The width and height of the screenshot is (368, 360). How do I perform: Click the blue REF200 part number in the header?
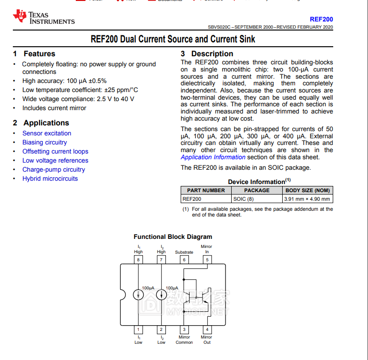[x=321, y=20]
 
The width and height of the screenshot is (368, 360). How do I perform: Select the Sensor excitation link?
[x=47, y=134]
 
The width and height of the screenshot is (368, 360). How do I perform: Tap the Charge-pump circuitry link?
[x=53, y=170]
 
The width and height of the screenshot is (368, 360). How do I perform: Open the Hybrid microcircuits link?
[x=50, y=179]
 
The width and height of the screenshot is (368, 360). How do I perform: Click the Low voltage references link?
[x=55, y=161]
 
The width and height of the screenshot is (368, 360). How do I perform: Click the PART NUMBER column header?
[x=206, y=190]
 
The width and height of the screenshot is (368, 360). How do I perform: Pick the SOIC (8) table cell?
[x=243, y=199]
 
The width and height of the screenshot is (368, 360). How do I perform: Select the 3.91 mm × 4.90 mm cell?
[x=307, y=199]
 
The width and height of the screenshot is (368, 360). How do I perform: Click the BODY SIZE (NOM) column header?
[x=307, y=190]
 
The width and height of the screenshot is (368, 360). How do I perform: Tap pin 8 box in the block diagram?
[x=138, y=260]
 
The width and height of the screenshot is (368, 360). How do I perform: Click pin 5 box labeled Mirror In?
[x=207, y=260]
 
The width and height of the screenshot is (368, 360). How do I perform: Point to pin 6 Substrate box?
[x=184, y=260]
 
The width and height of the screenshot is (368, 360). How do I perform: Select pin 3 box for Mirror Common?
[x=184, y=329]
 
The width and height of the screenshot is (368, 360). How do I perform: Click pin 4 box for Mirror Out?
[x=207, y=329]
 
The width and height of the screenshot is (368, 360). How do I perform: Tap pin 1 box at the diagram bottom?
[x=138, y=329]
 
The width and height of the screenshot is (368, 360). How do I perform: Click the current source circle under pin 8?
[x=138, y=295]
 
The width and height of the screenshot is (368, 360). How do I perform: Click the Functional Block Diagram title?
[x=173, y=237]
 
